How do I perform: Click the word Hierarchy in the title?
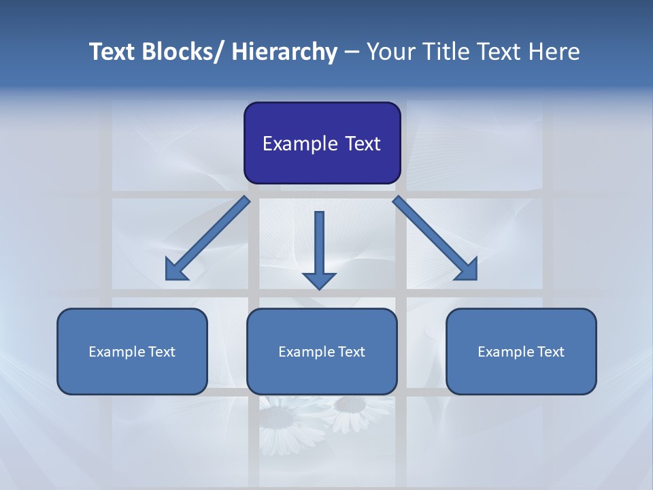pos(284,52)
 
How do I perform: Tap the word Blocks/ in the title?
pos(184,52)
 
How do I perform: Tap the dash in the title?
pos(352,52)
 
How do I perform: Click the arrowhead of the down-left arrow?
pos(175,272)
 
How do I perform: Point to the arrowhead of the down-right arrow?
pos(467,270)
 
